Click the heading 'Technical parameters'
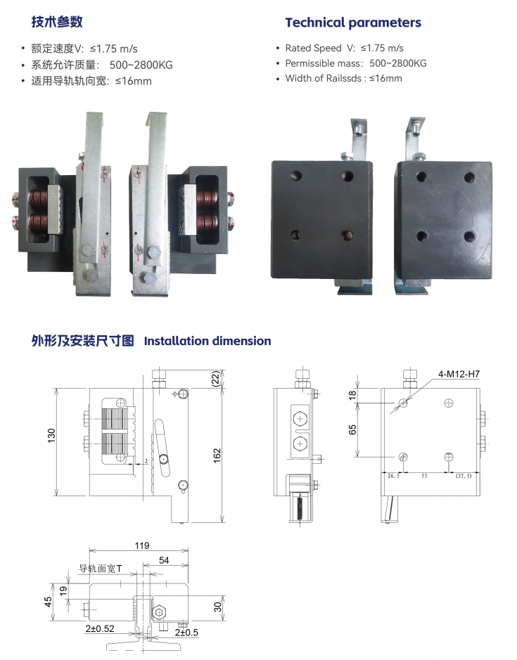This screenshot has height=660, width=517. pos(353,22)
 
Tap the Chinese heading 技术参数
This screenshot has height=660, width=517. pos(57,22)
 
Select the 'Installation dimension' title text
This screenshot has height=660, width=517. pos(208,341)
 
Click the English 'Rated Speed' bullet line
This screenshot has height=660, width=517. pos(343,48)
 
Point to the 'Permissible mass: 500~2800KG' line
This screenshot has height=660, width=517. pos(356,63)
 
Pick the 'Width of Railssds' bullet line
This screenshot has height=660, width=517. pos(343,78)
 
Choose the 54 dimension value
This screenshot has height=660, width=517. pos(164,559)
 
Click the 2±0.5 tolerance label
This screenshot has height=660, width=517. pos(184,632)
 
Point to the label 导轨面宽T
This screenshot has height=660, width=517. pos(100,569)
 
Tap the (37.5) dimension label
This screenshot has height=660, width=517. pos(464,476)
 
